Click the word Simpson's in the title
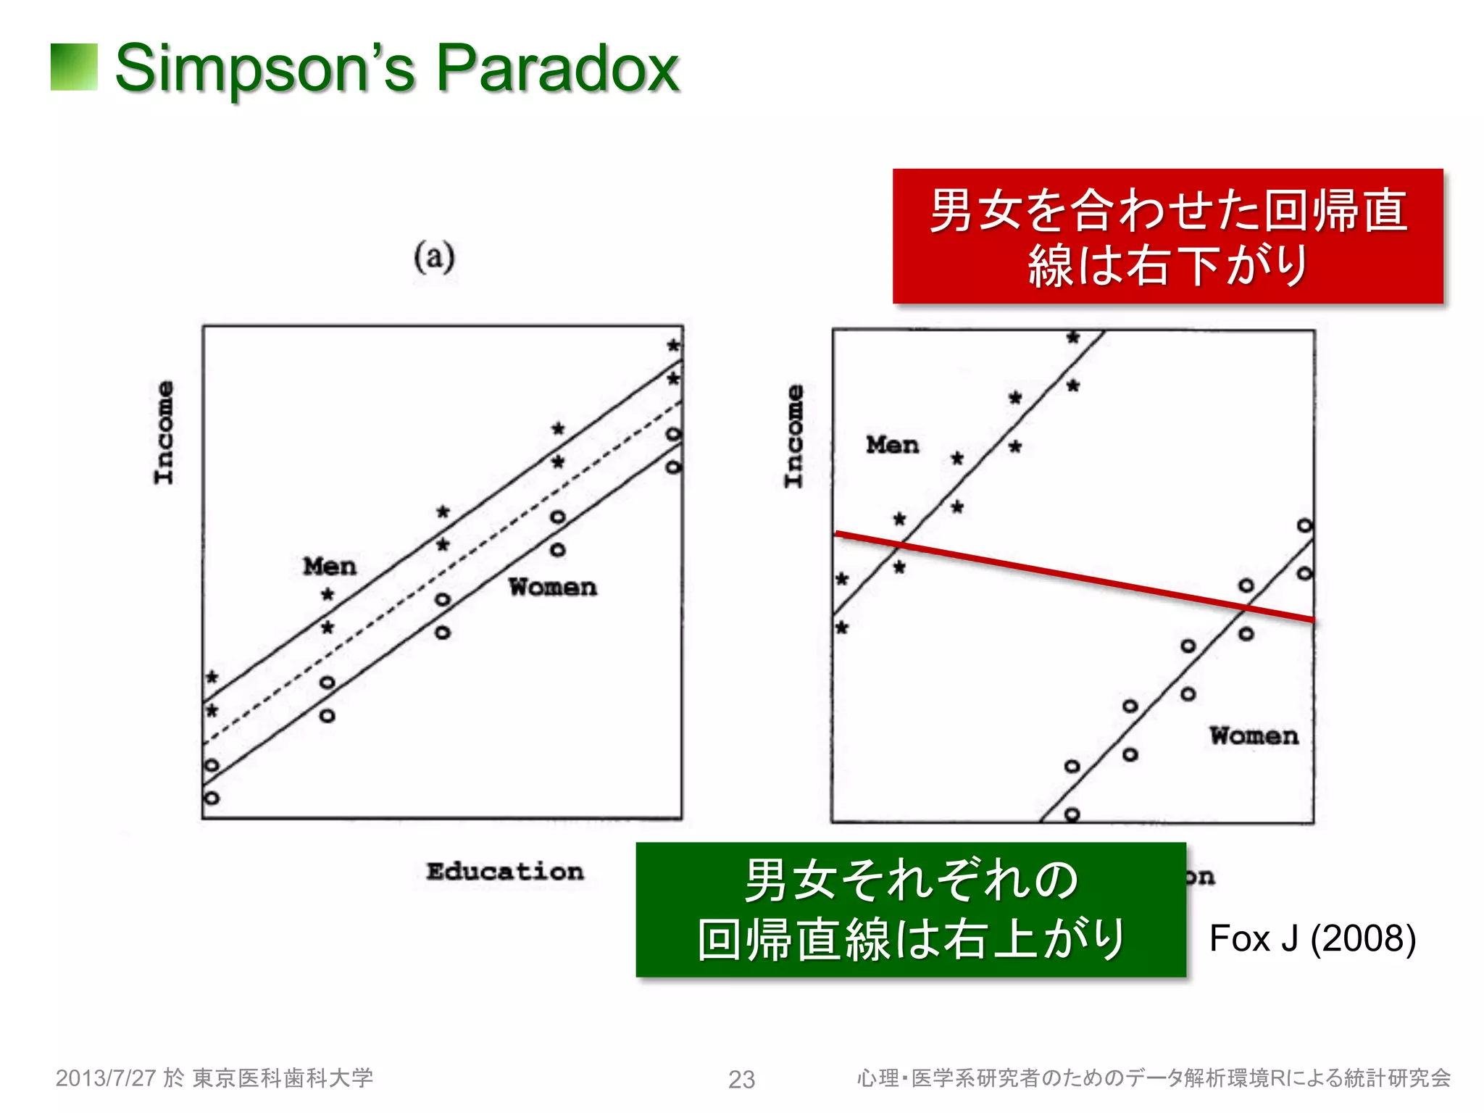click(x=265, y=69)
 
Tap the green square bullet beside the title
click(x=74, y=67)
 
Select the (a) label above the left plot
click(x=434, y=257)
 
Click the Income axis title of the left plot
click(x=164, y=433)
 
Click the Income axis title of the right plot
click(x=794, y=436)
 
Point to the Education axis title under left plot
click(x=505, y=871)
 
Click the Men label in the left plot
click(x=330, y=566)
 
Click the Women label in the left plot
click(x=553, y=587)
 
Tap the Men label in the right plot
click(x=893, y=445)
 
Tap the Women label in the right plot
click(x=1254, y=736)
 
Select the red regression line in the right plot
click(x=1072, y=576)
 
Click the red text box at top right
click(x=1167, y=236)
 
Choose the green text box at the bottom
click(x=911, y=909)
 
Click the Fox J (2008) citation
click(x=1312, y=938)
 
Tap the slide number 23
click(x=741, y=1080)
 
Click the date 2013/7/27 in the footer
click(x=106, y=1078)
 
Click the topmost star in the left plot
click(x=674, y=346)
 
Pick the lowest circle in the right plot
click(x=1072, y=814)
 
